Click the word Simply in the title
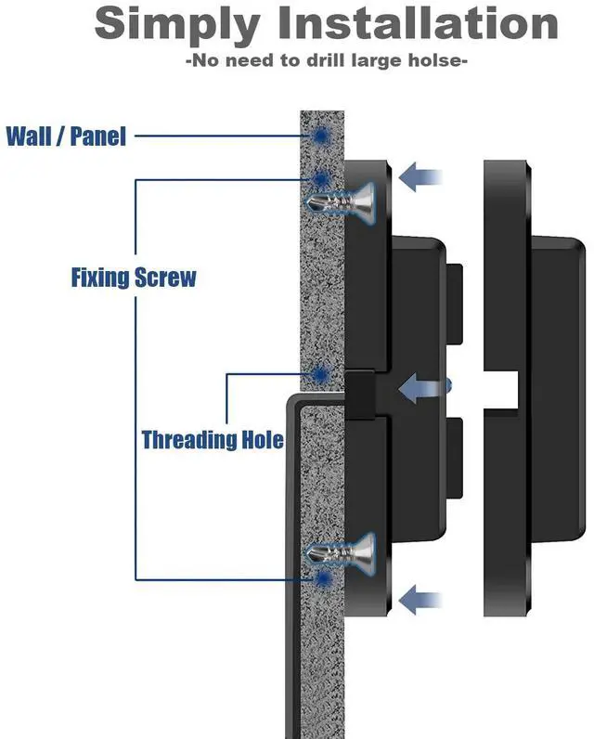pos(174,24)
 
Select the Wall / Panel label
pos(66,136)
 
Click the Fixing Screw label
pos(134,277)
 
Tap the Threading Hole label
pos(213,438)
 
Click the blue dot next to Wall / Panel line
pos(322,136)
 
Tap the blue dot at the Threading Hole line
pos(321,375)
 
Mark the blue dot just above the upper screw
pos(321,178)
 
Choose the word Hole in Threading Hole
pos(260,438)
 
